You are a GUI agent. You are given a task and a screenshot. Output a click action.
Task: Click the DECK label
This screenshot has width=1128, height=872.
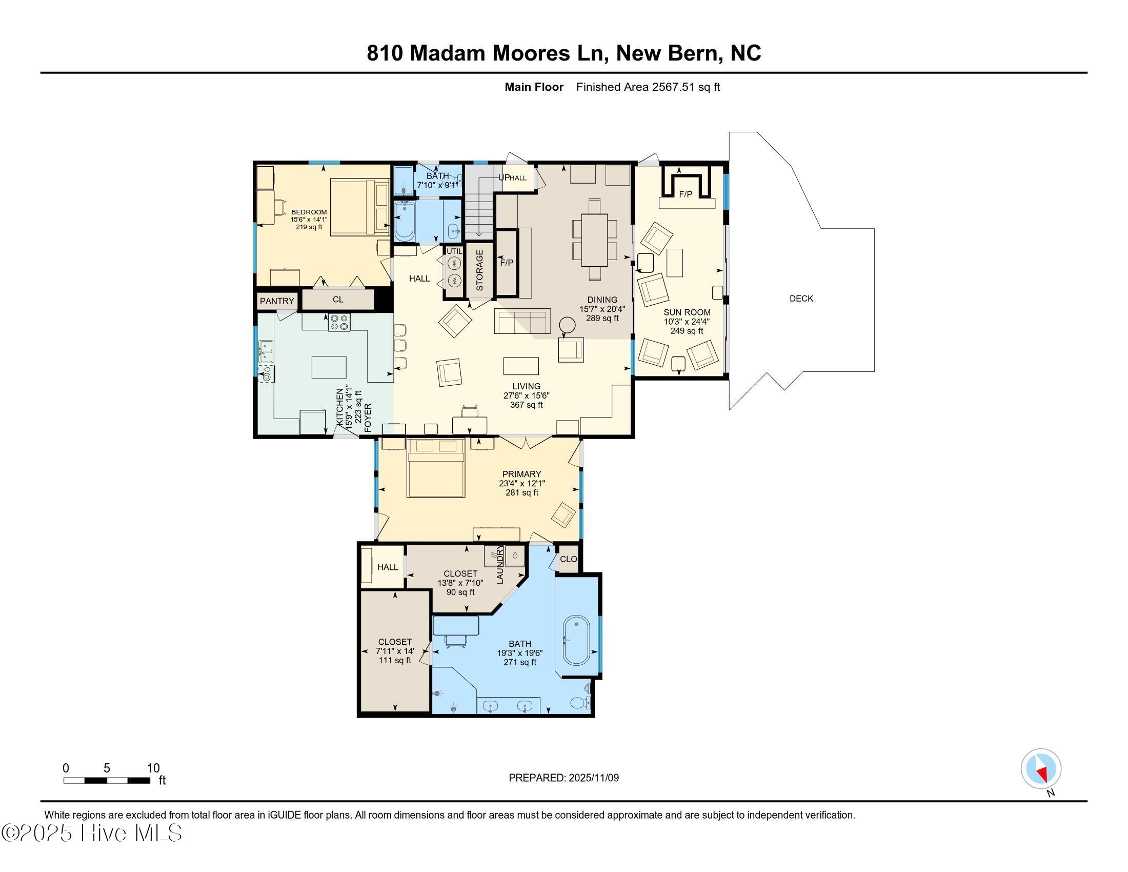click(801, 299)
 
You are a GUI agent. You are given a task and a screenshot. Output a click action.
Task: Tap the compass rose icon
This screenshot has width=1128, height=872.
click(1041, 768)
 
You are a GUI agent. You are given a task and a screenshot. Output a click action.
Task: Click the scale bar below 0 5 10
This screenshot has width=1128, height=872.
click(107, 780)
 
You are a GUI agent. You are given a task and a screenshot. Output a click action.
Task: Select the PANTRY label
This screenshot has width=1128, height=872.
click(277, 301)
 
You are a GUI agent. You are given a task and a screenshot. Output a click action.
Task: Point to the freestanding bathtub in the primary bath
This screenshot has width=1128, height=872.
click(576, 640)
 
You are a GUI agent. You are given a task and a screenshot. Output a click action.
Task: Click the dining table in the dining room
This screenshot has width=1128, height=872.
click(594, 240)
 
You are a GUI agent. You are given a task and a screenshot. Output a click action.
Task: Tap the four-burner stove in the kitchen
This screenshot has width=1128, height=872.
click(339, 322)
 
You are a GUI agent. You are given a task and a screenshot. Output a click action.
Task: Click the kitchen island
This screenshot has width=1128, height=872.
click(329, 367)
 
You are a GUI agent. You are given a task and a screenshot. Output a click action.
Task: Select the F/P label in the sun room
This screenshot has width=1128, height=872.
click(686, 194)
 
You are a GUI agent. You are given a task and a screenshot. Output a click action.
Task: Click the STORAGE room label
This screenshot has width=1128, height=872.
click(479, 270)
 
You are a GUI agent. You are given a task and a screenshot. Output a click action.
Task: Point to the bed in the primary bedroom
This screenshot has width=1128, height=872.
click(436, 468)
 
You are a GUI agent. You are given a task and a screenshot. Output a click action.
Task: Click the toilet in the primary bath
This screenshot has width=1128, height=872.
click(580, 702)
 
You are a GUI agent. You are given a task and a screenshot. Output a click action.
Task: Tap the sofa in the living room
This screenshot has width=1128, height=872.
click(522, 321)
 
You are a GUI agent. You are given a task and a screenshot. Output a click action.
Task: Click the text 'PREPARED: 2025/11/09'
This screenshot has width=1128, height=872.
click(563, 778)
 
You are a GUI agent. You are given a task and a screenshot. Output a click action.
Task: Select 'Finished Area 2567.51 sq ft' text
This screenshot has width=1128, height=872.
click(648, 87)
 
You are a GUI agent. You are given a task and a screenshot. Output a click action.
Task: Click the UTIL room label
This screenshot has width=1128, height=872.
click(454, 251)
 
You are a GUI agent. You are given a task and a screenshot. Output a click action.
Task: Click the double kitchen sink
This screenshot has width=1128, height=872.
click(266, 351)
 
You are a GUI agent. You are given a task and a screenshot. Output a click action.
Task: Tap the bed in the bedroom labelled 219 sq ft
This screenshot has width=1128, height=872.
click(359, 207)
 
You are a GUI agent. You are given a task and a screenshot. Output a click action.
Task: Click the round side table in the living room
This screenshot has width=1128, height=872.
click(568, 325)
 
